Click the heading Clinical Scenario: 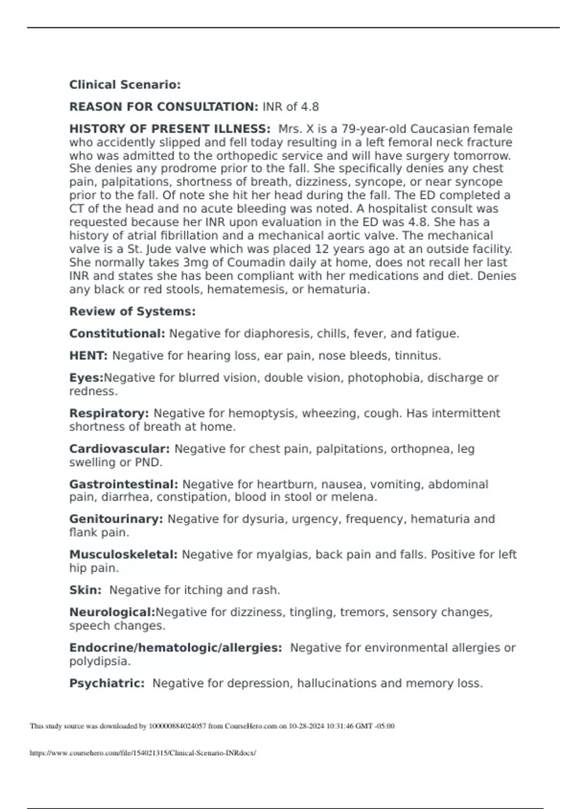pos(125,85)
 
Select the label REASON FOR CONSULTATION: pos(164,107)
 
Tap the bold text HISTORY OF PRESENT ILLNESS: pos(170,129)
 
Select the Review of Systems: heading pos(132,312)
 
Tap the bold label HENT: pos(89,356)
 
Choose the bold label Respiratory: pos(109,414)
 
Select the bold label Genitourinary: pos(116,519)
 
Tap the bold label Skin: pos(85,591)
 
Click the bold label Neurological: pos(112,612)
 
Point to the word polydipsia pos(99,661)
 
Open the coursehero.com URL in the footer pos(143,753)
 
